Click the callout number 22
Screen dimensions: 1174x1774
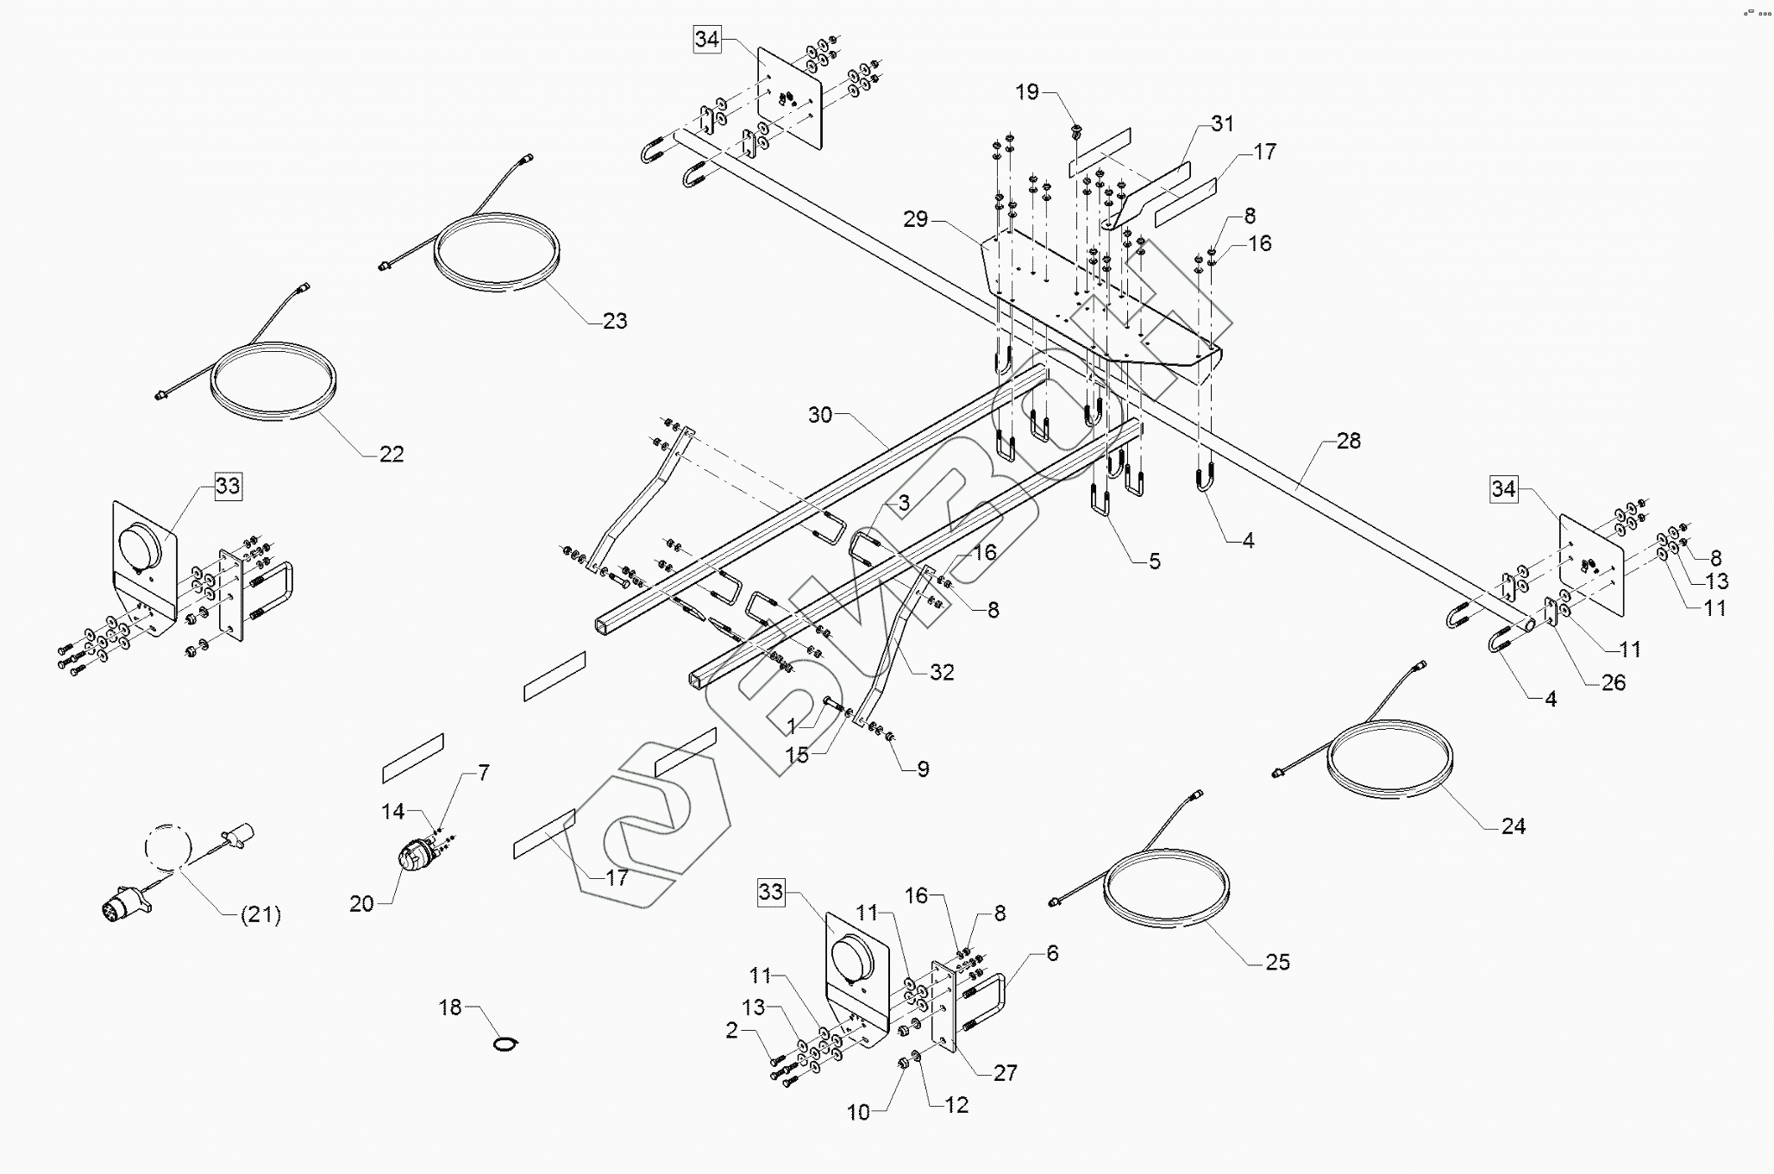click(x=392, y=454)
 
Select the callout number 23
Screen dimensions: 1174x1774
click(x=615, y=321)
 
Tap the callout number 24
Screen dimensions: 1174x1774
click(x=1513, y=826)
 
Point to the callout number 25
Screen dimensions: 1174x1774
click(x=1277, y=962)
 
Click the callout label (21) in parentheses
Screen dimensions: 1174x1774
click(x=260, y=914)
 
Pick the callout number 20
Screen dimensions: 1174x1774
click(x=361, y=903)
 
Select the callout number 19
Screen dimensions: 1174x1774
click(x=1027, y=92)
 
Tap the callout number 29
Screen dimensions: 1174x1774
click(x=916, y=219)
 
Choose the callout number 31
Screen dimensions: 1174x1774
click(x=1222, y=124)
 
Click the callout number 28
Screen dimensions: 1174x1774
click(x=1348, y=441)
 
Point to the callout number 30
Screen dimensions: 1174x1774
click(x=820, y=415)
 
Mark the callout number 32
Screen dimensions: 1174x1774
click(x=942, y=672)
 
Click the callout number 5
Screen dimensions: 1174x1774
click(x=1155, y=562)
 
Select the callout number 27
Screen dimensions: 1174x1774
click(x=1006, y=1072)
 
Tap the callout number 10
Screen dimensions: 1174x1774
click(x=858, y=1113)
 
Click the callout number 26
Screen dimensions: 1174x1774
click(x=1613, y=683)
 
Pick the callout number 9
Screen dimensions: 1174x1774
click(x=923, y=769)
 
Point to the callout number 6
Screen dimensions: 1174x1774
click(x=1052, y=953)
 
